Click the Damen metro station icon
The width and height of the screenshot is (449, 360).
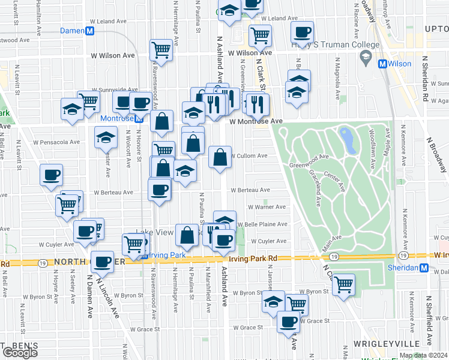[x=89, y=31]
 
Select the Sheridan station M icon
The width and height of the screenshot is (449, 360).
[x=424, y=268]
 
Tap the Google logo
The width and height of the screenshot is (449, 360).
[x=20, y=353]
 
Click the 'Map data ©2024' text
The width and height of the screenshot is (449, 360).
[x=423, y=355]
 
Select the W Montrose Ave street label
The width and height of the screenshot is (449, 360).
[x=256, y=121]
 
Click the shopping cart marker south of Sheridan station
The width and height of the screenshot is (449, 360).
[x=343, y=283]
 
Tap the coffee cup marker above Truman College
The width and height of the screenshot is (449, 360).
[x=302, y=32]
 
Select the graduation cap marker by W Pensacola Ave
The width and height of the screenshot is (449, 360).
[x=106, y=137]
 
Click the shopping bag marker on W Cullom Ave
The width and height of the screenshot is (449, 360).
[x=220, y=157]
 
